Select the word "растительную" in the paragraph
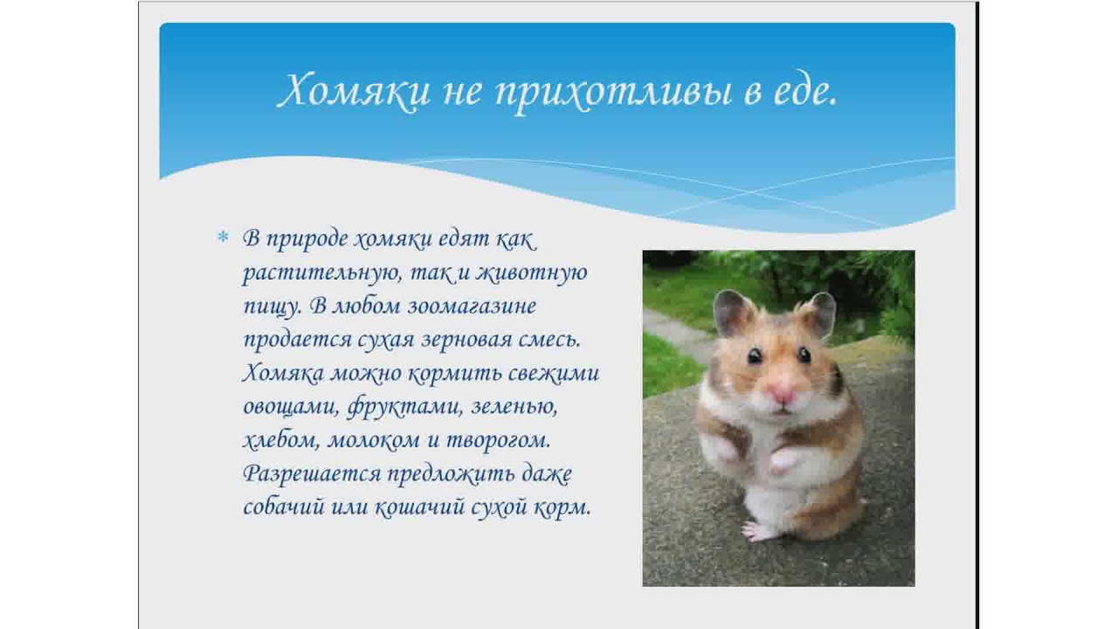coord(319,273)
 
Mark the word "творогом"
coord(511,441)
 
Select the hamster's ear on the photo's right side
coord(820,312)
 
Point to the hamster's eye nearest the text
coord(755,355)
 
